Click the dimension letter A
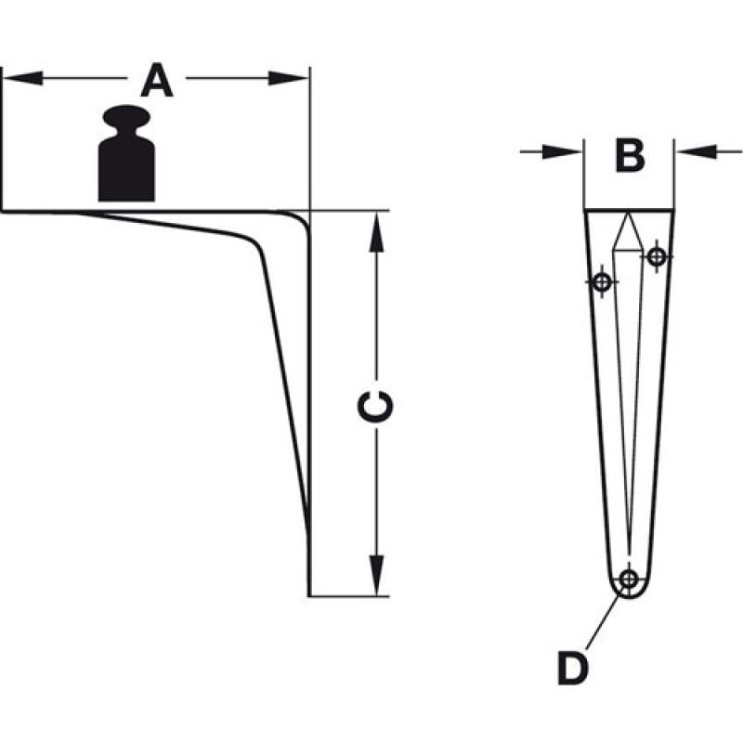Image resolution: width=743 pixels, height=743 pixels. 157,81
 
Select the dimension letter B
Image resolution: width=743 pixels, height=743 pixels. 630,155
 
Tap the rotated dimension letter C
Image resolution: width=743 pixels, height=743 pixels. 375,407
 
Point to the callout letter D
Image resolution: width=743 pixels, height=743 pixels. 573,668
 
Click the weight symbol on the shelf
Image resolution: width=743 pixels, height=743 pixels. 126,153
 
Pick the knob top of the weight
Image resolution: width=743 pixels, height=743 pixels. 126,117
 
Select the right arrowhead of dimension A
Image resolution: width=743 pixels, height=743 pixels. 289,78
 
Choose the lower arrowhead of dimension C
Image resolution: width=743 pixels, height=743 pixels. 376,575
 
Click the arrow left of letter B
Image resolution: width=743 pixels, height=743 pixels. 551,151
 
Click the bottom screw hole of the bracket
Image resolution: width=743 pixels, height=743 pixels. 629,579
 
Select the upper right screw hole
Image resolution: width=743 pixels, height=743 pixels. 657,257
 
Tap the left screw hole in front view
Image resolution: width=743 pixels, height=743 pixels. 602,282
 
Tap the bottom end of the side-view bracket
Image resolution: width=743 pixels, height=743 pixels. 309,595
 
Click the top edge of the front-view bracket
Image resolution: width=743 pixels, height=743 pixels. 629,210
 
